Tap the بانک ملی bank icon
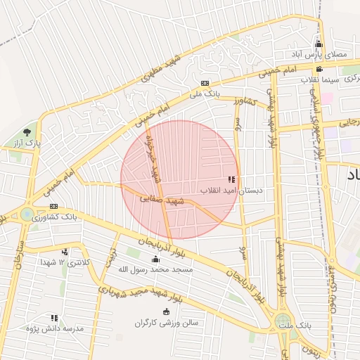205,83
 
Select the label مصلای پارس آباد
323,54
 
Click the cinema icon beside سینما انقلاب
319,69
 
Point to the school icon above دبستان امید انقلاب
232,179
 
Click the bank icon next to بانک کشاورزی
54,206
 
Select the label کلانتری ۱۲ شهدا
65,262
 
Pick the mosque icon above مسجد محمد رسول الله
155,260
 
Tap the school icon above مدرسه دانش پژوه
54,318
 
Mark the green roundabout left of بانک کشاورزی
28,214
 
